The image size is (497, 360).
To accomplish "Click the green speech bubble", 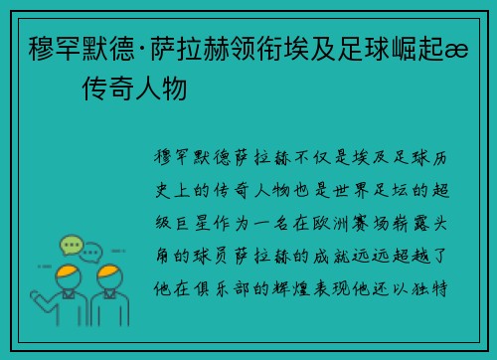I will pos(71,244).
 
